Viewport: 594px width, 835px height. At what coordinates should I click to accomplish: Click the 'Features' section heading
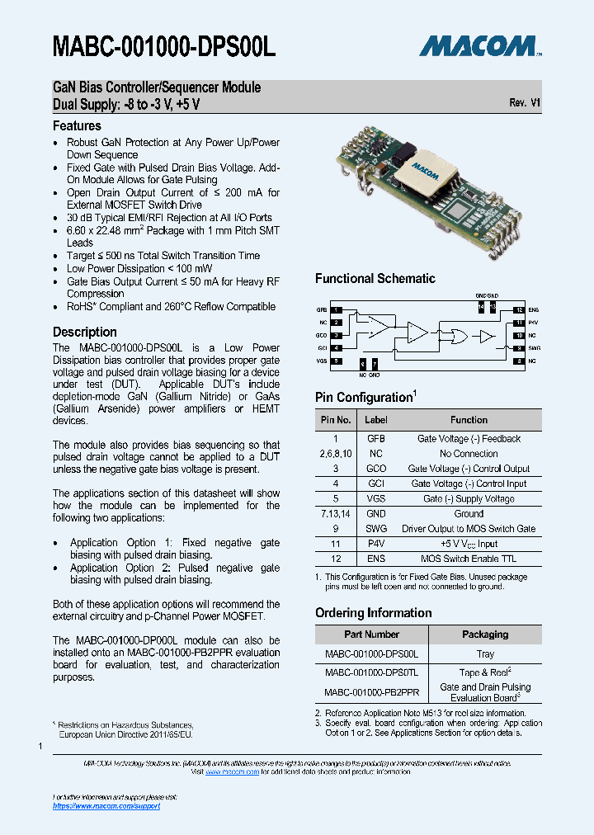tap(77, 126)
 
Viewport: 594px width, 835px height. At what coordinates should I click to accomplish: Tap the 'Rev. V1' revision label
tap(525, 103)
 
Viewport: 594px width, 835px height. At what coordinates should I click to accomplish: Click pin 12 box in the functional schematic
tap(519, 309)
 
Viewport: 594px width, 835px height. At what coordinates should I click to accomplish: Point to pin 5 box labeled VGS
tap(337, 361)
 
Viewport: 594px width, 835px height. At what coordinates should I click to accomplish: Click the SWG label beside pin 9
tap(533, 348)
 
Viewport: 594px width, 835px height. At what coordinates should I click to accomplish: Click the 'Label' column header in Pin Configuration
tap(376, 420)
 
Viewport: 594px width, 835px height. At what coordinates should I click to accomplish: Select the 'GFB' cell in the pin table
tap(376, 439)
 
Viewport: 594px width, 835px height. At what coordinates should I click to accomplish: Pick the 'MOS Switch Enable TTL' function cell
tap(469, 559)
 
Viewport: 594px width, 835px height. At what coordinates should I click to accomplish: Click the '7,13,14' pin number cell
tap(335, 513)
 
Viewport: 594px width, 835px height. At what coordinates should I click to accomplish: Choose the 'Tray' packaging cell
tap(485, 654)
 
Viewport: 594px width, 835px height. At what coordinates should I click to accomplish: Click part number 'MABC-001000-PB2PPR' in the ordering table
tap(371, 692)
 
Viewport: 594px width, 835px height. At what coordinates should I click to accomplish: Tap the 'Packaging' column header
tap(485, 635)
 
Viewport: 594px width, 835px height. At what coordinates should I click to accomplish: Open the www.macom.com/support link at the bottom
tap(106, 805)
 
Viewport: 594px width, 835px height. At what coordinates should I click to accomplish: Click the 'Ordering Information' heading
tap(373, 613)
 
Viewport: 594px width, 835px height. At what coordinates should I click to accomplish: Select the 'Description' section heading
tap(85, 332)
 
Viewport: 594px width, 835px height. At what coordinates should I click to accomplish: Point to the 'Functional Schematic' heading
tap(375, 279)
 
